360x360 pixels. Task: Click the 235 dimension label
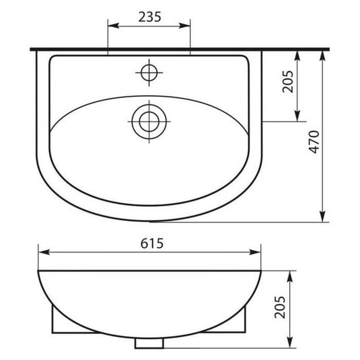pyautogui.click(x=150, y=17)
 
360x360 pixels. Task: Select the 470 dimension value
pyautogui.click(x=314, y=142)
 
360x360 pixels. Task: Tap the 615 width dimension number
pyautogui.click(x=152, y=243)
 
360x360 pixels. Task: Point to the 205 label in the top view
pyautogui.click(x=288, y=81)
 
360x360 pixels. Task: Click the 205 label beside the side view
pyautogui.click(x=280, y=307)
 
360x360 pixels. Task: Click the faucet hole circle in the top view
pyautogui.click(x=149, y=73)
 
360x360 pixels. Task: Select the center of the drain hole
pyautogui.click(x=149, y=121)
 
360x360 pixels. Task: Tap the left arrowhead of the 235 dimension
pyautogui.click(x=113, y=26)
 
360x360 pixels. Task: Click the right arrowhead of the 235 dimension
pyautogui.click(x=185, y=26)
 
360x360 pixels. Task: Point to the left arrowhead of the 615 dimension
pyautogui.click(x=44, y=252)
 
